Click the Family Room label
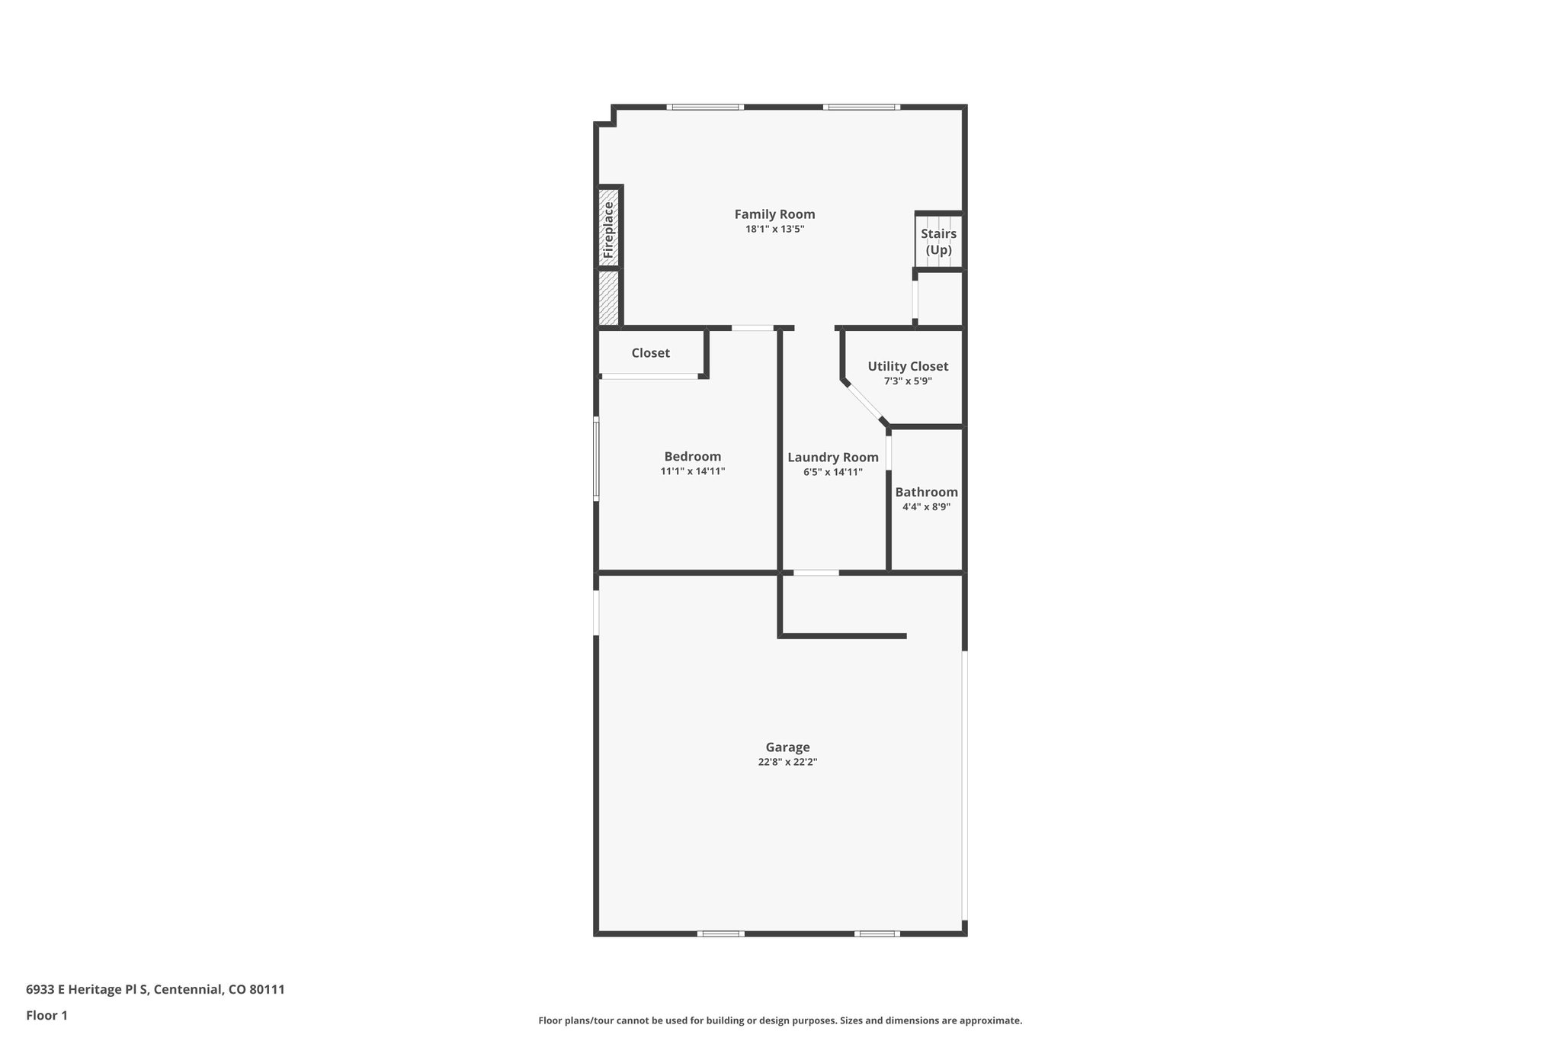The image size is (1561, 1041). point(774,214)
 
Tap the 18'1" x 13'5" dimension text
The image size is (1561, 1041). point(774,229)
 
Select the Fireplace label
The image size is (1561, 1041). point(608,229)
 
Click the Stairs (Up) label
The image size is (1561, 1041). point(938,242)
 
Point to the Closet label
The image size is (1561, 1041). point(650,353)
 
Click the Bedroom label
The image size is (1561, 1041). point(692,457)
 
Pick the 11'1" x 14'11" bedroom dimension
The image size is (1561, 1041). point(692,471)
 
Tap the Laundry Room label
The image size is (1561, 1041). point(832,458)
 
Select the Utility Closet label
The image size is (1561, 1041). point(908,366)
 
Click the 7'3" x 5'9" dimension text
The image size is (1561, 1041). point(908,381)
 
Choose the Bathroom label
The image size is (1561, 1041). point(926,492)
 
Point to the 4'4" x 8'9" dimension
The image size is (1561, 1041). point(926,506)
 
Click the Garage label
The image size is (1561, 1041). point(787,747)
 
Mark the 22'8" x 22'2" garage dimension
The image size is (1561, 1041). point(787,762)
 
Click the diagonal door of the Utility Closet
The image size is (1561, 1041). point(864,401)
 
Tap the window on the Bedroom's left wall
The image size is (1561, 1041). point(596,458)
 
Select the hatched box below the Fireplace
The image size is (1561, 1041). point(608,297)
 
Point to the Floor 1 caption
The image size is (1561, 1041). point(46,1015)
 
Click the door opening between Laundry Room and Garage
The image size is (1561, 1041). point(816,572)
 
